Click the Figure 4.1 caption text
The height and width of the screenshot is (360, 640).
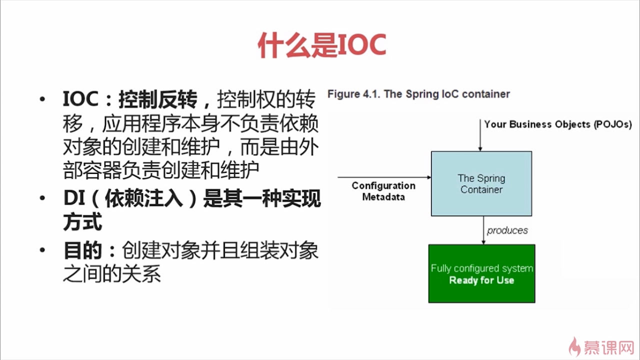(418, 94)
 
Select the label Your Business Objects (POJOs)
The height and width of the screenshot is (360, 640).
(557, 124)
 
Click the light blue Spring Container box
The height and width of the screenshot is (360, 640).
(481, 183)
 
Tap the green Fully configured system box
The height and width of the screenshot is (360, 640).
(481, 273)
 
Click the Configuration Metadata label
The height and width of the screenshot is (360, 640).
(383, 191)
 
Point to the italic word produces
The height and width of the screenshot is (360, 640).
(507, 230)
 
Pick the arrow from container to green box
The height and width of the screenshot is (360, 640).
(483, 230)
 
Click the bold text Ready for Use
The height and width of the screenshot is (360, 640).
(481, 280)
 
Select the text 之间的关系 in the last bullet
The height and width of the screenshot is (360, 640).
(112, 274)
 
